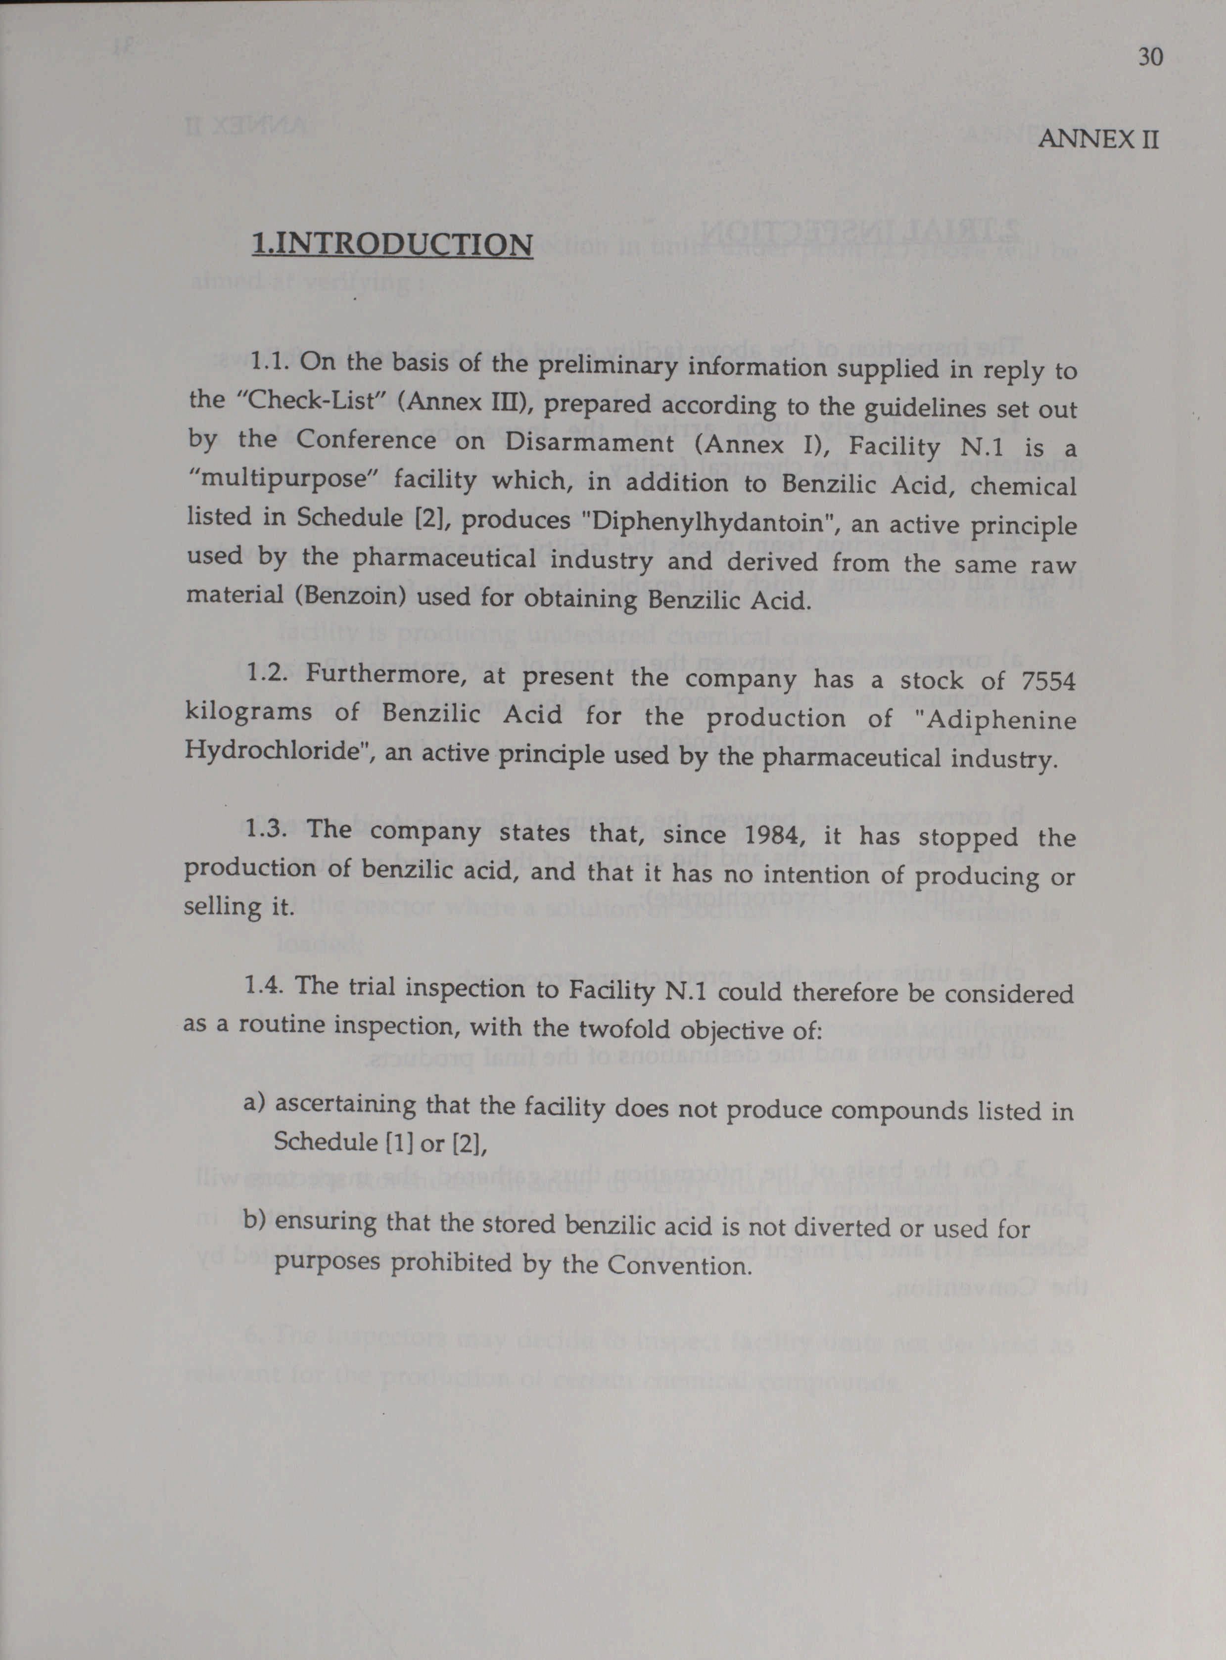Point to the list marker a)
pyautogui.click(x=254, y=1103)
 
